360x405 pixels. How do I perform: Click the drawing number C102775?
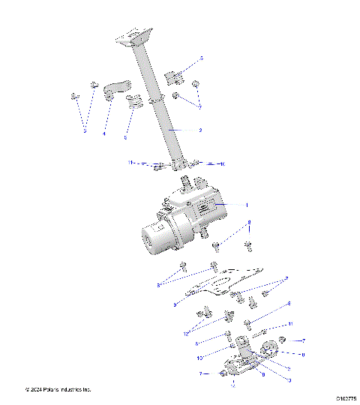[x=346, y=399]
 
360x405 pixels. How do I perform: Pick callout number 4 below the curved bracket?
[x=103, y=133]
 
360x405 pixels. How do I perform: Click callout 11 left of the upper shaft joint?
[x=130, y=162]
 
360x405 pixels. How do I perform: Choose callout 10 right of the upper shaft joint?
[x=221, y=163]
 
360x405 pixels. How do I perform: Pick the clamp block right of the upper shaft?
[x=173, y=76]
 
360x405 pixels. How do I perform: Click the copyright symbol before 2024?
[x=28, y=390]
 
